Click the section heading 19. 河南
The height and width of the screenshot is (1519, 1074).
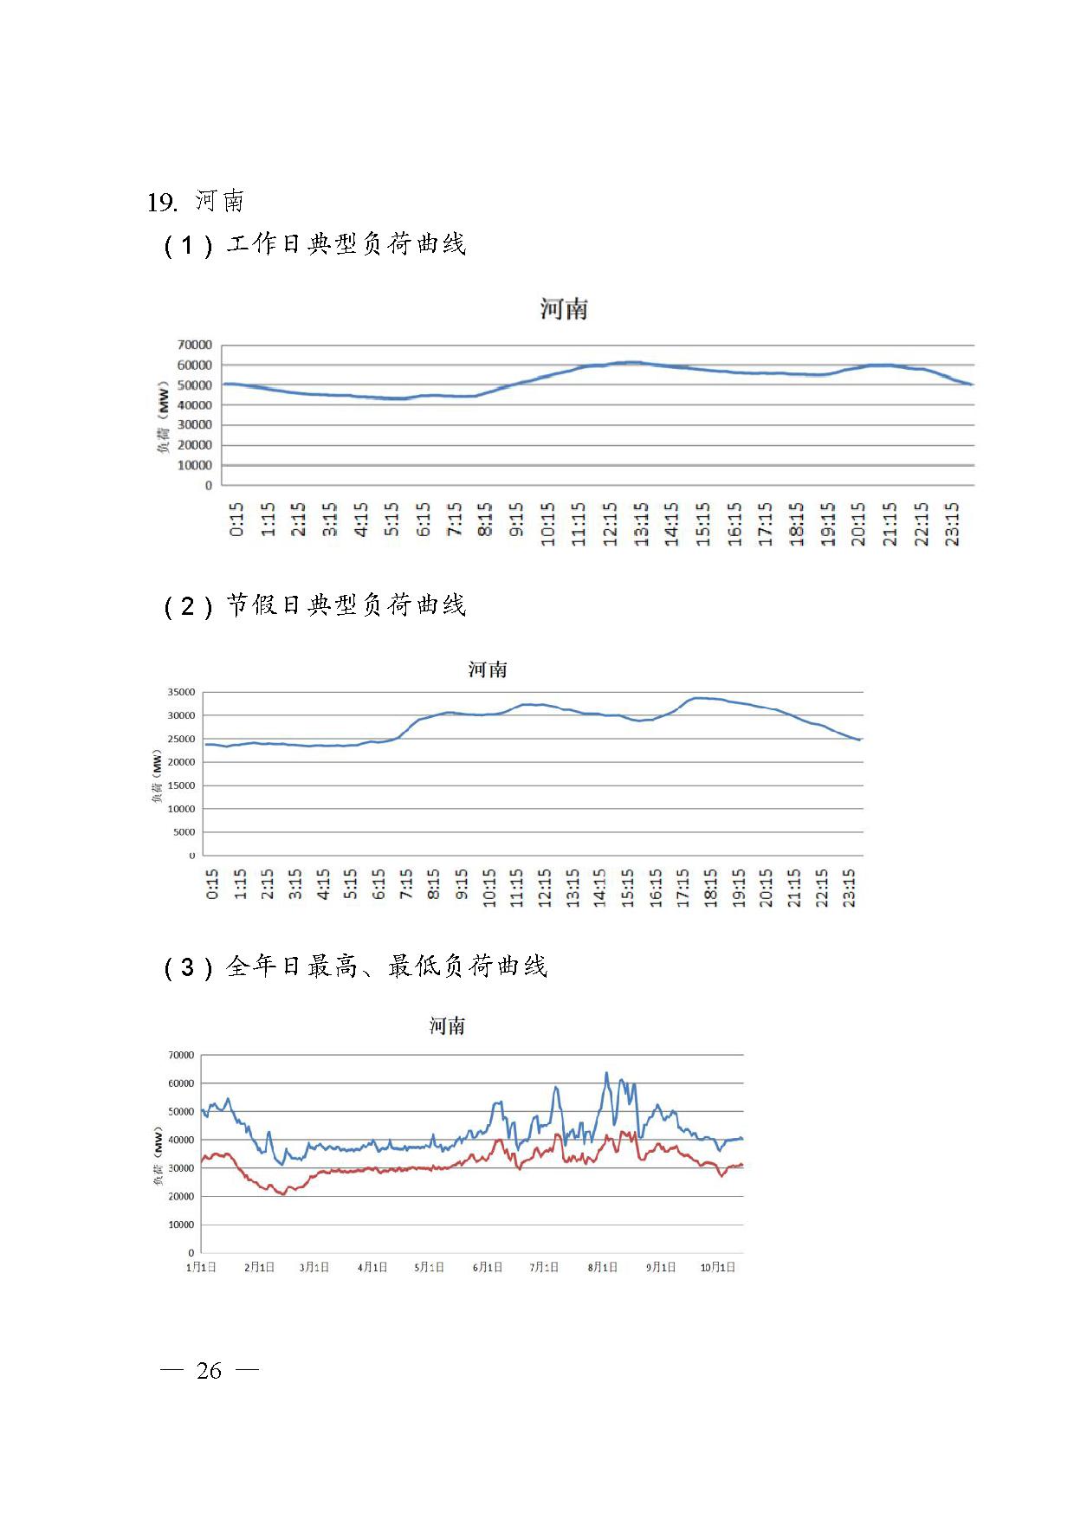(196, 201)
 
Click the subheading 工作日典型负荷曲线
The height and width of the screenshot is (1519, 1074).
(346, 244)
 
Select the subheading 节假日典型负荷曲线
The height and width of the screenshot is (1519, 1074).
(346, 604)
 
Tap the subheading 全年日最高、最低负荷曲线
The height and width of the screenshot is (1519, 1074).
(386, 966)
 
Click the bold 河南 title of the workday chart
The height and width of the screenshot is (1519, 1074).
(564, 309)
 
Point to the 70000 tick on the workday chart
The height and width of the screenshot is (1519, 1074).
(195, 345)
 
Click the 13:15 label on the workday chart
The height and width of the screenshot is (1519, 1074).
(641, 524)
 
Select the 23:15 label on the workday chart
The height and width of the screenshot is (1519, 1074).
(953, 524)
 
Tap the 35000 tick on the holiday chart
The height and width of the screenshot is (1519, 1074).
(181, 692)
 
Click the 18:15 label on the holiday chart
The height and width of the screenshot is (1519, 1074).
(711, 889)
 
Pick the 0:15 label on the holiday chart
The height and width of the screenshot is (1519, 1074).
(212, 884)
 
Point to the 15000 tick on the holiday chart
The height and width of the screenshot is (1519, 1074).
(181, 785)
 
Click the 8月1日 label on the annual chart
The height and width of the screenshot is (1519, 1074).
(603, 1267)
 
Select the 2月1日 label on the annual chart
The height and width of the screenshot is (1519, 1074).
(259, 1267)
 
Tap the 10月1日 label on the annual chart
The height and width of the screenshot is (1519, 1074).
(718, 1267)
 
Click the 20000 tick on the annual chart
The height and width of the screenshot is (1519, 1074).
(181, 1196)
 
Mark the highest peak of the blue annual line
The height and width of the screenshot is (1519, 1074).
(606, 1073)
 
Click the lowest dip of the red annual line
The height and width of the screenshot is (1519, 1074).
(283, 1195)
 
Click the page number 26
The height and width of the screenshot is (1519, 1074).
(210, 1370)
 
